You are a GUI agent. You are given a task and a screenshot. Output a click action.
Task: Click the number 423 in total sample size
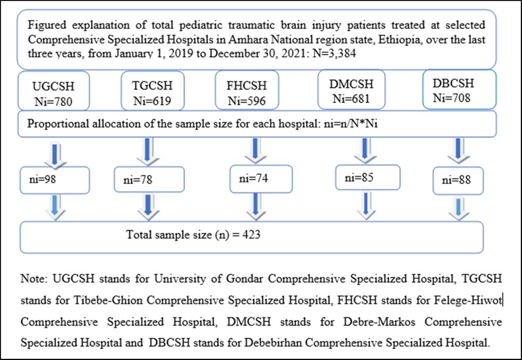point(250,234)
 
